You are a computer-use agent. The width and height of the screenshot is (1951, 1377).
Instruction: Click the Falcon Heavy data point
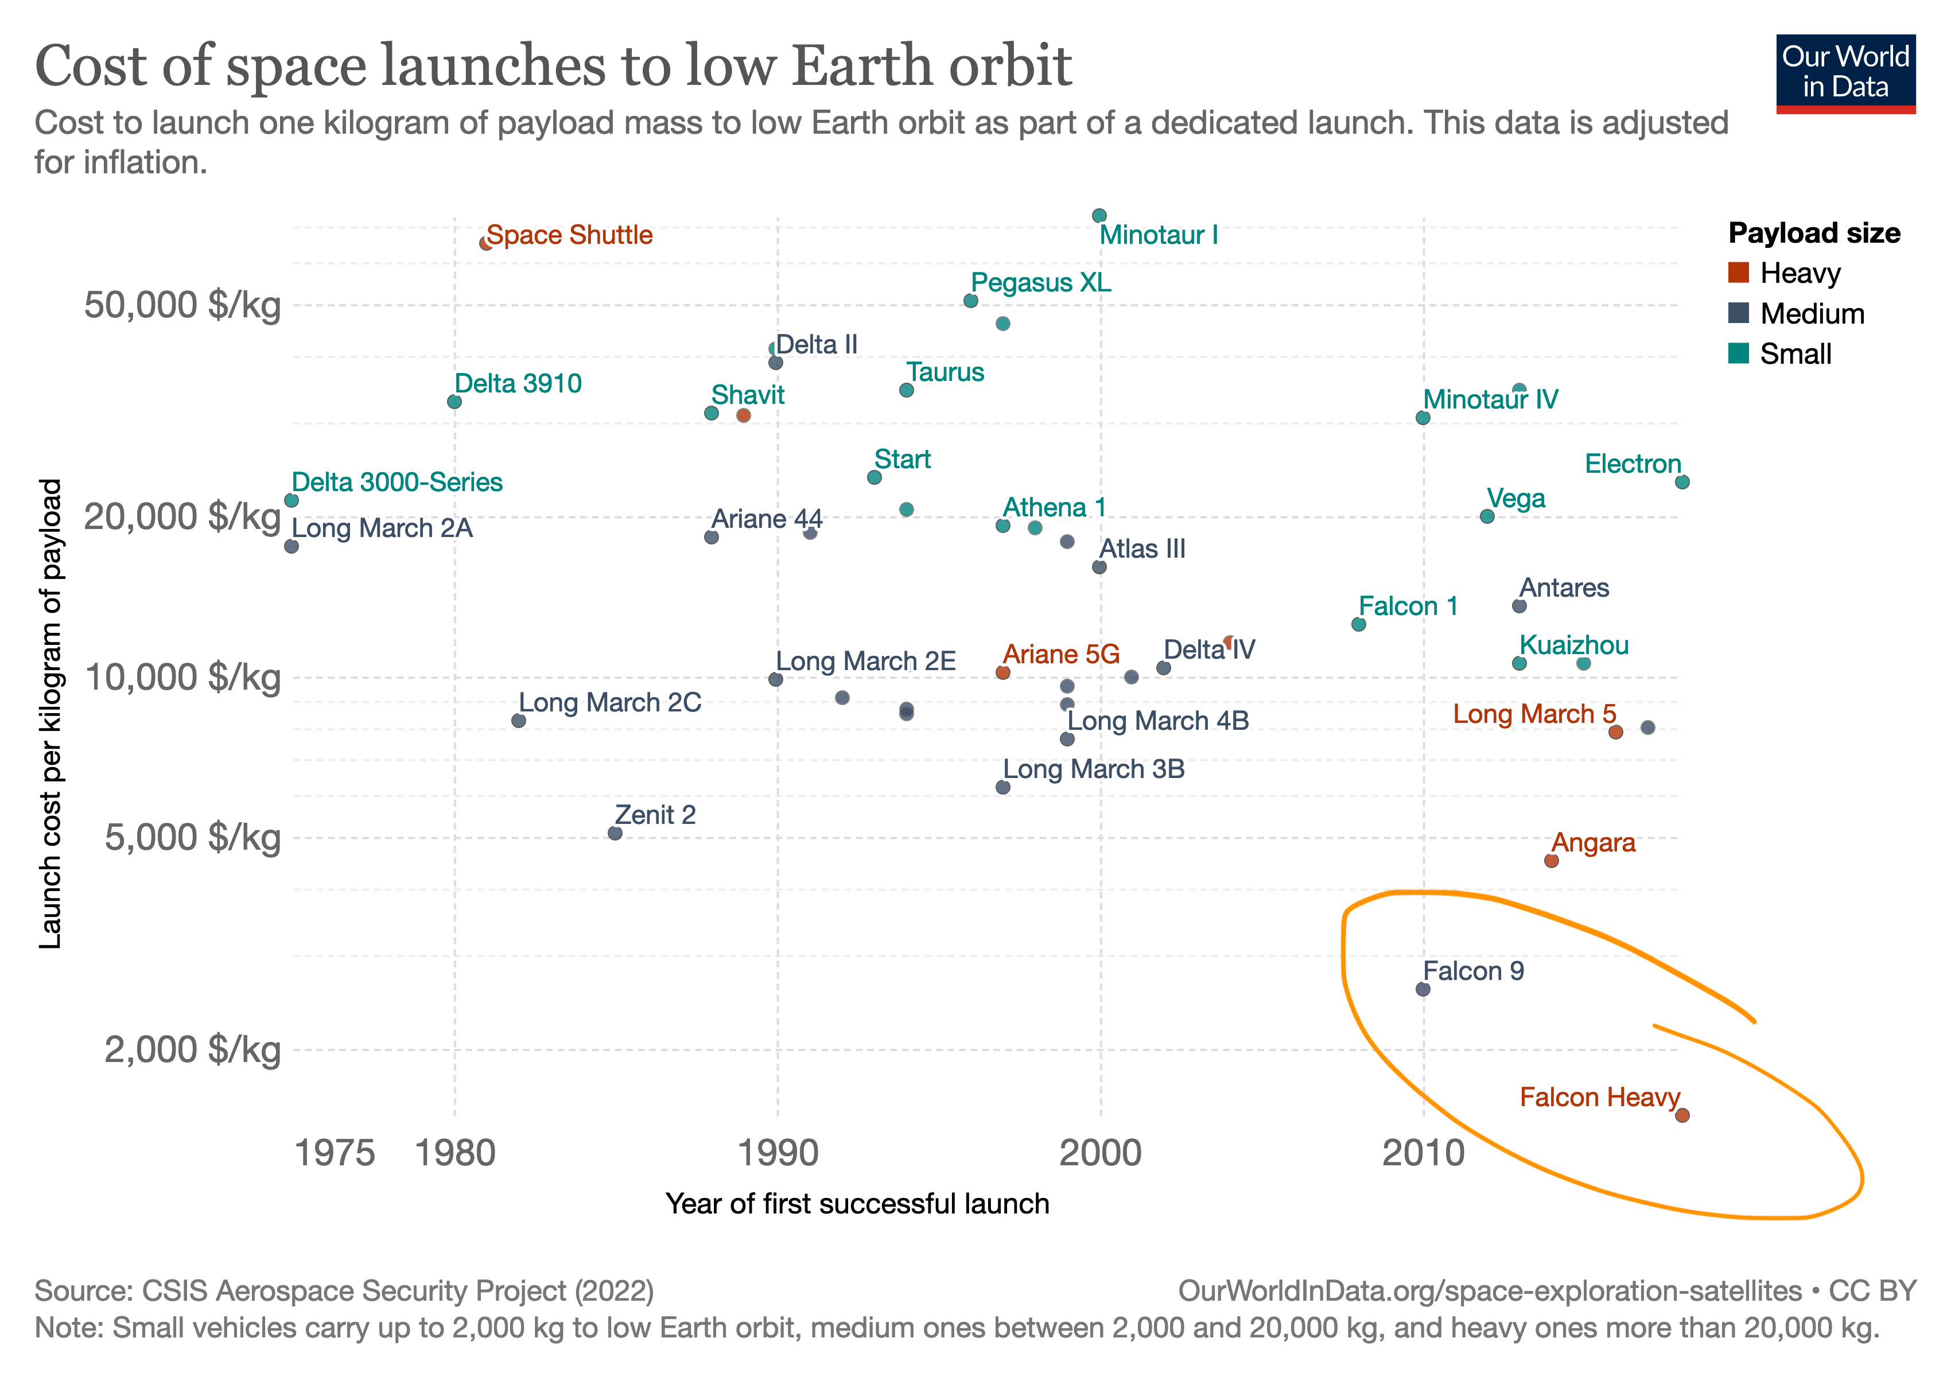click(1682, 1115)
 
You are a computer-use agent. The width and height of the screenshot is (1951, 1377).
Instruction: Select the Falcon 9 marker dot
click(1423, 989)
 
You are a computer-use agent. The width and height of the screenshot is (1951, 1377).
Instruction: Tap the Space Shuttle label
click(569, 235)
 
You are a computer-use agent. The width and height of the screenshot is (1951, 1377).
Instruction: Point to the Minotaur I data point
click(1099, 216)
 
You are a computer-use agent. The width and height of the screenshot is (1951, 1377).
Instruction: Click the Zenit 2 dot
click(615, 833)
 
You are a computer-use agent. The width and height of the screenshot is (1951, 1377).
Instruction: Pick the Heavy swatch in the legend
click(1739, 273)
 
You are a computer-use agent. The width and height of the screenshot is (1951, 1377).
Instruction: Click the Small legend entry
click(1795, 353)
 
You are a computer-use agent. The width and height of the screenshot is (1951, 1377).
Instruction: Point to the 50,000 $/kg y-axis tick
click(182, 305)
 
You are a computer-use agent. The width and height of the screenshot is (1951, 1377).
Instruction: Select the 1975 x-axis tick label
click(334, 1153)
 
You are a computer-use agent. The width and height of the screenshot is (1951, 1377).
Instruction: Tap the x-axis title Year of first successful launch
click(857, 1204)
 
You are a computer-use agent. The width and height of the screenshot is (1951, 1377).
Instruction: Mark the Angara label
click(1594, 843)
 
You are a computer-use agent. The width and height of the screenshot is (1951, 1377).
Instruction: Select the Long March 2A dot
click(292, 546)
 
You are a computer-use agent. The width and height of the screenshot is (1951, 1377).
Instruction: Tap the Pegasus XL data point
click(970, 301)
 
